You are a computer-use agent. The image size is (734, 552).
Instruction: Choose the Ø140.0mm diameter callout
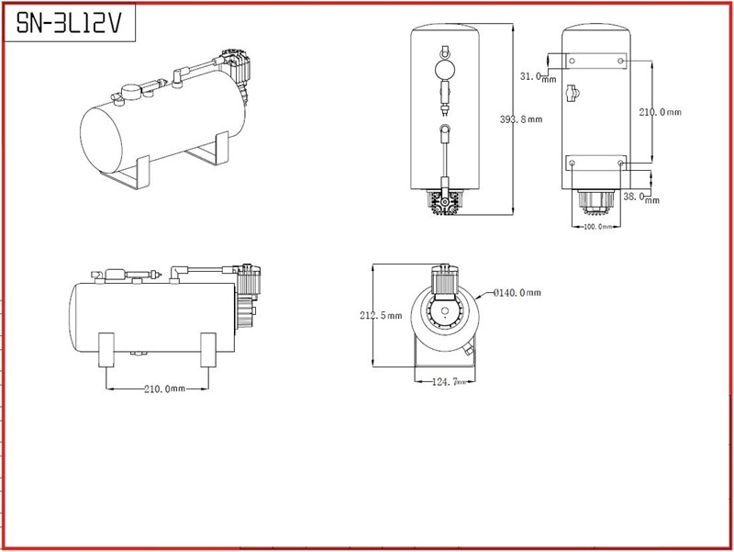tap(517, 293)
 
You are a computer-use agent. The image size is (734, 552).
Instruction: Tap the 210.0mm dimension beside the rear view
tap(660, 112)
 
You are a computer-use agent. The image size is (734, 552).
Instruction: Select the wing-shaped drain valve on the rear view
tap(575, 92)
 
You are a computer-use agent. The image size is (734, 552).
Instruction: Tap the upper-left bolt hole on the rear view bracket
tap(572, 61)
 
